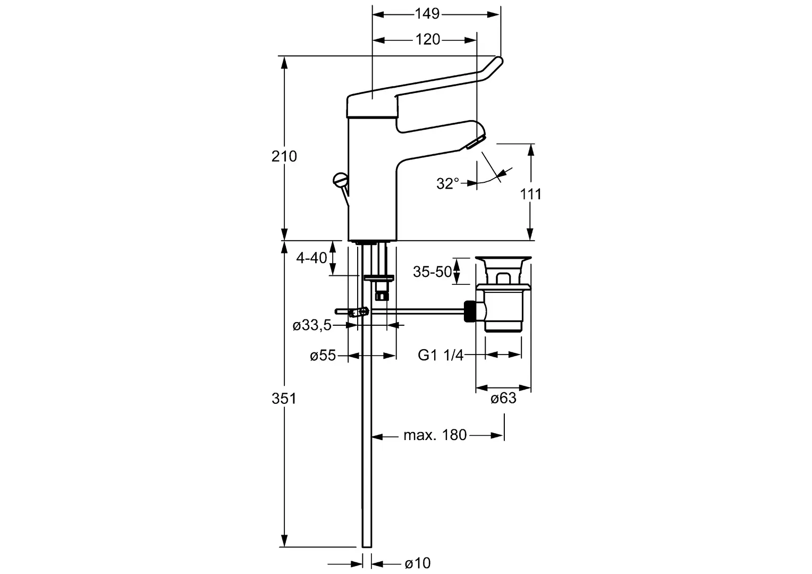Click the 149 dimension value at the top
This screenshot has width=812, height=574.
pos(427,14)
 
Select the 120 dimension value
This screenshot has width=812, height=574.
pos(428,39)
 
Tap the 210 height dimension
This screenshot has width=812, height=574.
pos(284,156)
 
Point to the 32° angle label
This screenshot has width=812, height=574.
pos(447,183)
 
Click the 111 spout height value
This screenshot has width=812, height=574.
pos(531,194)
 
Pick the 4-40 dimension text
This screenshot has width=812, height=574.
pos(312,258)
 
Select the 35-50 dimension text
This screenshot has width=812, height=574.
pos(433,272)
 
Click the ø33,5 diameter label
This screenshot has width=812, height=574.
pos(312,325)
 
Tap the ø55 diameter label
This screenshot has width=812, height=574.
pos(323,356)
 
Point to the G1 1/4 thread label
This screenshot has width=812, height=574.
pos(441,355)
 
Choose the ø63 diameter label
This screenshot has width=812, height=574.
pos(503,399)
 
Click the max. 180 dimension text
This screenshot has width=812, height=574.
pos(435,435)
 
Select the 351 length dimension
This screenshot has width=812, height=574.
pos(284,399)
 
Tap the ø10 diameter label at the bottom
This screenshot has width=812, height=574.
pos(418,563)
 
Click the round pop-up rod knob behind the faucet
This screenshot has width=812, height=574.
pos(340,179)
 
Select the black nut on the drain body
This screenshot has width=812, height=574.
pos(470,311)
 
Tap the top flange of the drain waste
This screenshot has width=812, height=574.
pos(503,260)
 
